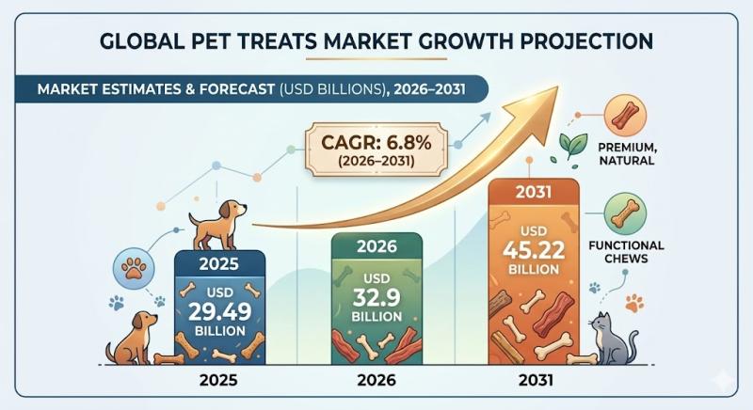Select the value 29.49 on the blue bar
(x=217, y=313)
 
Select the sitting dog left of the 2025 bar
(x=132, y=339)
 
